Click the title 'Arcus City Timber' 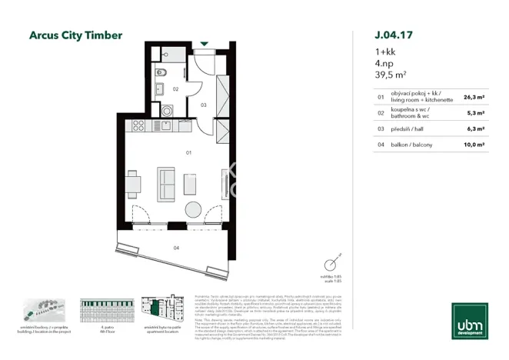coord(75,35)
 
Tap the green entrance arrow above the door coord(204,45)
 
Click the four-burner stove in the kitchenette coord(139,125)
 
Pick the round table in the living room coord(192,210)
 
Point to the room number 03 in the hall coord(203,103)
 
